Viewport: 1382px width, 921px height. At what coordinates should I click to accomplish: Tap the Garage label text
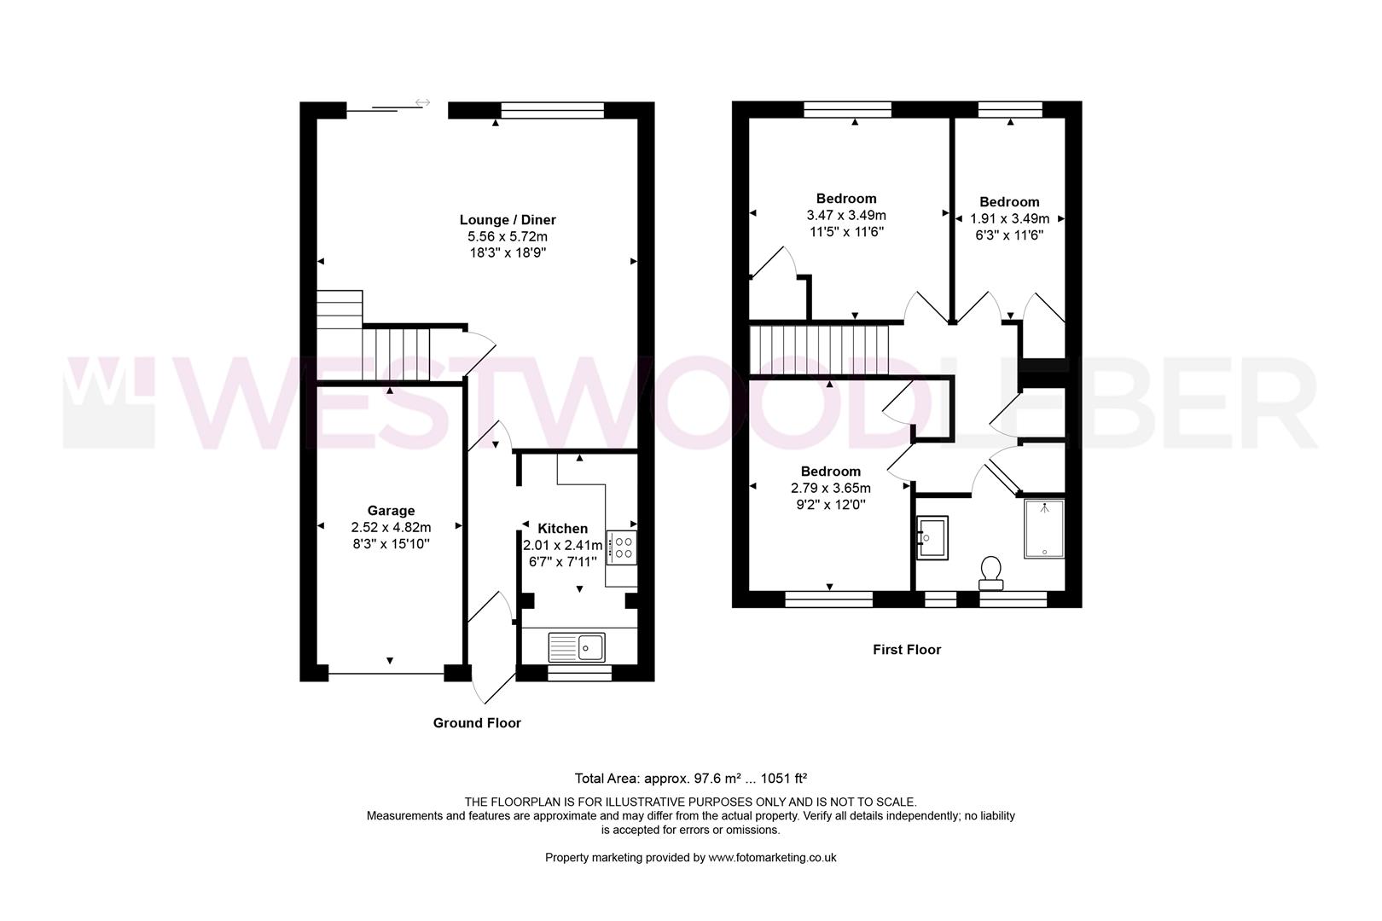[391, 511]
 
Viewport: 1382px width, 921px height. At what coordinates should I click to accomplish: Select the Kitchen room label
[562, 529]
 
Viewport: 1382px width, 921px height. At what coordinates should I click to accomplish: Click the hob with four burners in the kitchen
[621, 547]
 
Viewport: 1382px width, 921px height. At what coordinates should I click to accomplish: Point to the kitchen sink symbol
[577, 647]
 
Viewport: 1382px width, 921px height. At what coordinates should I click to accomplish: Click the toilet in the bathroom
[991, 572]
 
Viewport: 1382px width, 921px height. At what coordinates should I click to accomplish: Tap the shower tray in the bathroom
[1044, 529]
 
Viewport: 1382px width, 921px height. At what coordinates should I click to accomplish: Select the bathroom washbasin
[932, 538]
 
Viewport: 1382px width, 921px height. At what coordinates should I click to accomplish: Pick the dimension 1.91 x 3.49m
[1009, 218]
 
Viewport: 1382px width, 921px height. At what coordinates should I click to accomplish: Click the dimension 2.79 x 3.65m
[830, 489]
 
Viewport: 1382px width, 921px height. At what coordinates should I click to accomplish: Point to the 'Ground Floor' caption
[477, 723]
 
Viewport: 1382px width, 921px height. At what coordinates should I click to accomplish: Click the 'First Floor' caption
[907, 650]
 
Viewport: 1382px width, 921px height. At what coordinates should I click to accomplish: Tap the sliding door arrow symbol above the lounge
[422, 103]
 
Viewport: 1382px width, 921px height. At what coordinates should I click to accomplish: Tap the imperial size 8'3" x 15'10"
[391, 543]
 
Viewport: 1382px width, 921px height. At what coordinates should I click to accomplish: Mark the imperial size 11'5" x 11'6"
[846, 232]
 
